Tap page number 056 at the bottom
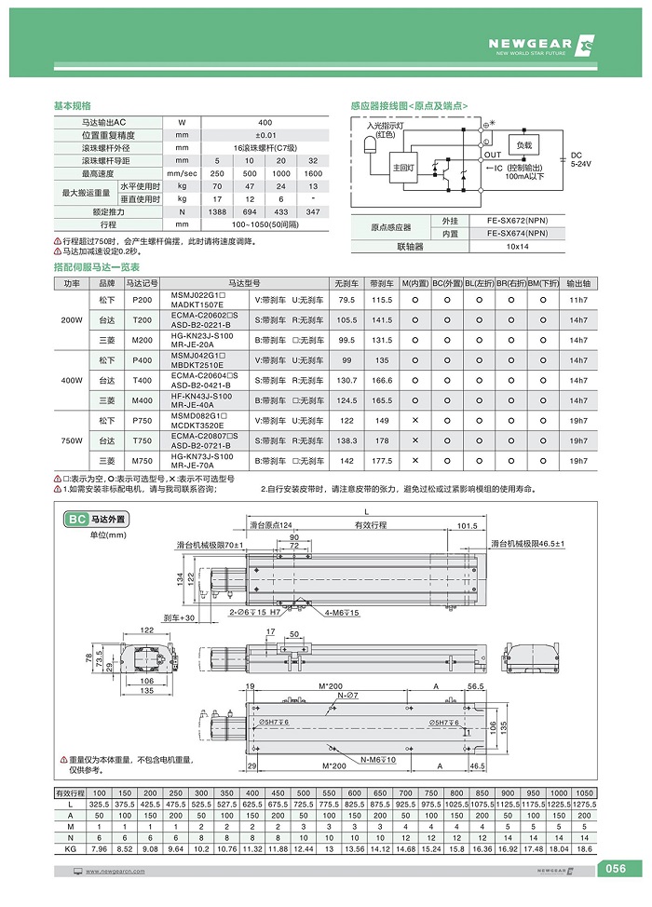[616, 869]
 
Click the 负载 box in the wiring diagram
[525, 146]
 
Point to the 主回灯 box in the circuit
[404, 168]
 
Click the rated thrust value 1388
[217, 211]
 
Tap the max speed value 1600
[313, 173]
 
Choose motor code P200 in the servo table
[143, 300]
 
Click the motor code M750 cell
[143, 461]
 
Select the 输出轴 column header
[577, 282]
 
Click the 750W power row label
[72, 440]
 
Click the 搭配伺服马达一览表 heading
[97, 267]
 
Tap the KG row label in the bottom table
[71, 850]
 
